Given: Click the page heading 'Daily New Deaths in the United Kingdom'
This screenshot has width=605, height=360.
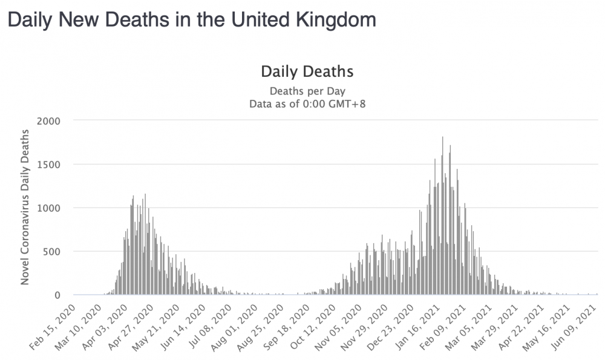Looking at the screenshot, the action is point(192,20).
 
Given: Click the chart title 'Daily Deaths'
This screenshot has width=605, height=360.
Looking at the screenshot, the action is point(307,72).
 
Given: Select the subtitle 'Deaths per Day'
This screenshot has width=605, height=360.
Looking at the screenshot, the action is point(307,91).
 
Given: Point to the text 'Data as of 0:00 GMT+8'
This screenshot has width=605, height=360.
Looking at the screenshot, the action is point(307,104).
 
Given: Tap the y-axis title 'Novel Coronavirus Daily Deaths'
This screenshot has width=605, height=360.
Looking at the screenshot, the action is point(25,207).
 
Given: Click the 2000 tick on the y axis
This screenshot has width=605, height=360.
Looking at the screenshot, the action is point(48,121).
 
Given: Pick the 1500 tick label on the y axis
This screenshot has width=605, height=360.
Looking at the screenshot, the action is point(48,165).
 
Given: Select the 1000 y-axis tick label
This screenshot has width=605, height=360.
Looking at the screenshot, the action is point(48,208).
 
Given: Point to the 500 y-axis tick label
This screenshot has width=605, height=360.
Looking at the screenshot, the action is point(51,252).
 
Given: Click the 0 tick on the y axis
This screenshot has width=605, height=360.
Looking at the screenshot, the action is point(57,295).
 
